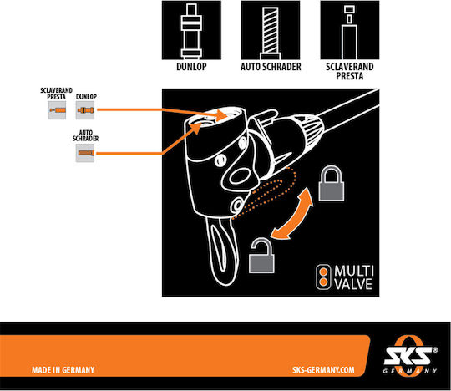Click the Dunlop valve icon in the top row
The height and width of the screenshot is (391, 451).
[191, 30]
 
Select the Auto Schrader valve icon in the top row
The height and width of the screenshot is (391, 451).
[271, 30]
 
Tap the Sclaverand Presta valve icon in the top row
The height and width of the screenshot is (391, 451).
[350, 30]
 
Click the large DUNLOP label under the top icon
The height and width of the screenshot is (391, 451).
[191, 67]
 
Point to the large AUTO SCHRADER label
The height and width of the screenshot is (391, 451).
[271, 67]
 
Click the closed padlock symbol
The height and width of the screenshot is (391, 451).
[332, 183]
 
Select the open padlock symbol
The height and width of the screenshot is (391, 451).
[261, 256]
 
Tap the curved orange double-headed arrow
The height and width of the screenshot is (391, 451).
[292, 215]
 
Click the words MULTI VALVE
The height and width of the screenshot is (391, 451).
[354, 277]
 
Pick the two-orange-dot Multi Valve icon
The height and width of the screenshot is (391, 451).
[323, 277]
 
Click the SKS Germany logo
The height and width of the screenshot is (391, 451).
[410, 355]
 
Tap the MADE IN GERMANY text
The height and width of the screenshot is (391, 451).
[63, 370]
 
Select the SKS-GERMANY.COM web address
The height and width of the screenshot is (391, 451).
[323, 370]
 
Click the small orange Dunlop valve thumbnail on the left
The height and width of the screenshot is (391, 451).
[85, 110]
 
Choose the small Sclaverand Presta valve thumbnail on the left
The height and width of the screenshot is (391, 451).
[57, 110]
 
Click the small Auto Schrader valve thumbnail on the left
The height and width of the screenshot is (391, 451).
[85, 153]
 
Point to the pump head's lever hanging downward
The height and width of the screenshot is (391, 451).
[222, 251]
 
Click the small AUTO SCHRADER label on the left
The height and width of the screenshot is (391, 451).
[85, 135]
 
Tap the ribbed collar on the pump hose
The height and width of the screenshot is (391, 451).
[312, 130]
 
